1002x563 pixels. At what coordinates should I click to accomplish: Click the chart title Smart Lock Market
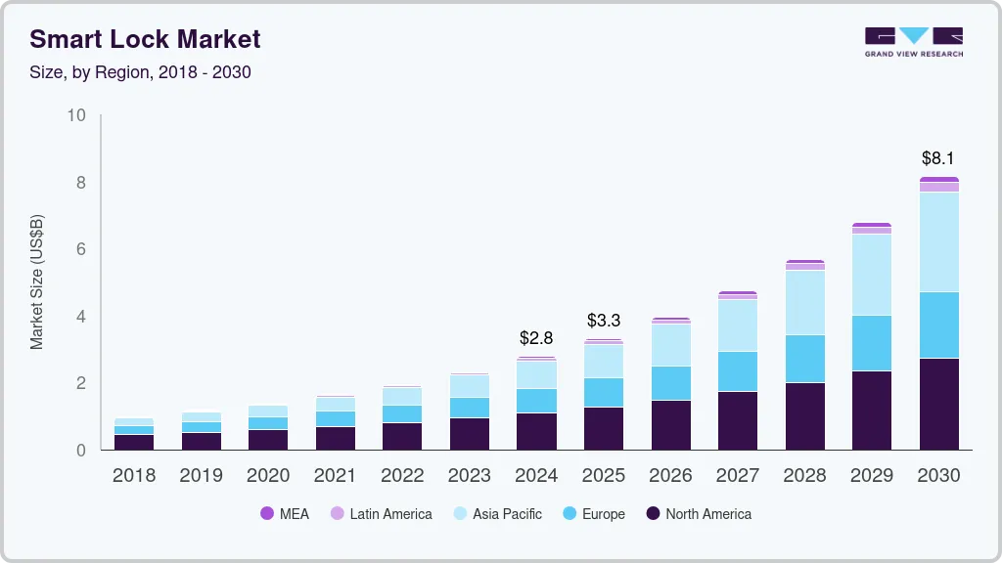click(x=145, y=39)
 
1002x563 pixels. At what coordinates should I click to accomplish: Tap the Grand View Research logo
click(x=913, y=41)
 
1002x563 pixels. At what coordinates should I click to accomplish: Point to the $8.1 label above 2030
click(x=937, y=157)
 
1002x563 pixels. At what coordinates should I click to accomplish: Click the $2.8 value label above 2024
click(x=535, y=338)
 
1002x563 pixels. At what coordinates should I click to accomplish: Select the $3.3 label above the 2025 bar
click(x=603, y=321)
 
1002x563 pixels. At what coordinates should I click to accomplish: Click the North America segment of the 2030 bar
click(x=938, y=404)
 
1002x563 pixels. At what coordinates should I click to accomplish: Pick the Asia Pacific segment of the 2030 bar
click(x=938, y=241)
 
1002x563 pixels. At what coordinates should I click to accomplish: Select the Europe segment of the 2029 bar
click(x=871, y=343)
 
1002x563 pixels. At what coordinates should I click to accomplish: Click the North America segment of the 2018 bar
click(x=133, y=442)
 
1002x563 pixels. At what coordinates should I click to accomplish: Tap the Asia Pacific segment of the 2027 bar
click(x=737, y=325)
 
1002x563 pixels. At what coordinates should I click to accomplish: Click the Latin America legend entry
click(x=381, y=513)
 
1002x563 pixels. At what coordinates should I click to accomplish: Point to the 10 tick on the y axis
click(x=76, y=115)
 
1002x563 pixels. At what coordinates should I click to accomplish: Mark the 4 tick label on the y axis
click(x=81, y=317)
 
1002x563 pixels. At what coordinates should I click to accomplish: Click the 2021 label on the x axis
click(x=335, y=475)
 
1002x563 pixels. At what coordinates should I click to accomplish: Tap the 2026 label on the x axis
click(x=670, y=475)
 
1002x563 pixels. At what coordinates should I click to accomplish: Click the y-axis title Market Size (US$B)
click(x=36, y=282)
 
